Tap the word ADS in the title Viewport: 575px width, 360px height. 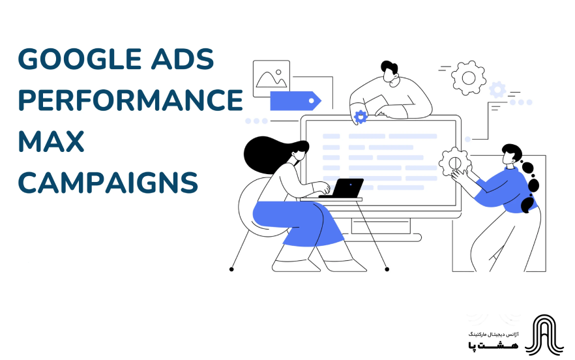[186, 61]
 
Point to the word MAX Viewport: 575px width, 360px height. [51, 142]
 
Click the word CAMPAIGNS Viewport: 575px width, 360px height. [108, 183]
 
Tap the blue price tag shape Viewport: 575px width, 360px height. [295, 100]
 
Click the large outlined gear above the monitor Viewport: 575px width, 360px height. [468, 77]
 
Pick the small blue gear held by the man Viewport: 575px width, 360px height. [360, 117]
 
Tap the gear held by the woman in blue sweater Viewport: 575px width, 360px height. [453, 162]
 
